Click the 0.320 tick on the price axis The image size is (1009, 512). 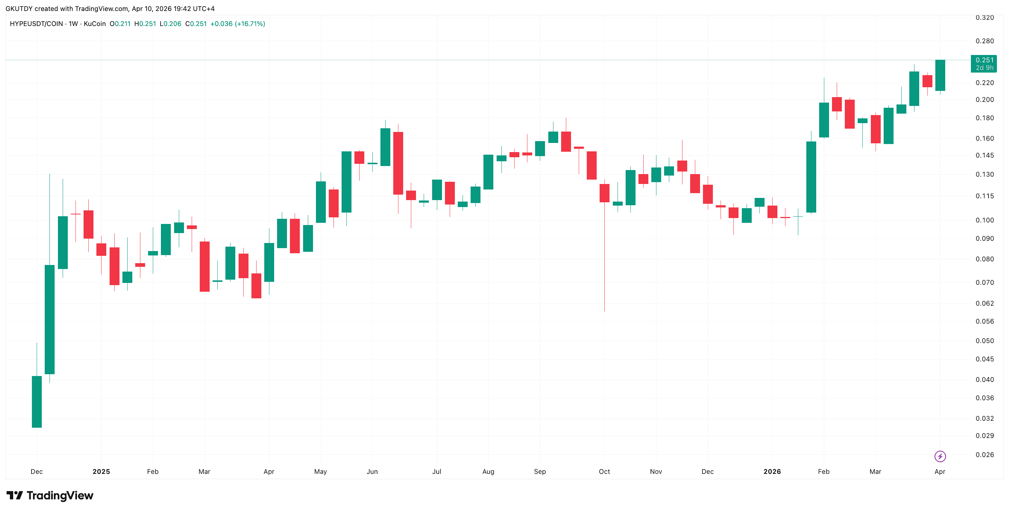pyautogui.click(x=984, y=18)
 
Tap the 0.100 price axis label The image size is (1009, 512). pyautogui.click(x=984, y=220)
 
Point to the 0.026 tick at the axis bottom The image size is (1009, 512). pyautogui.click(x=984, y=455)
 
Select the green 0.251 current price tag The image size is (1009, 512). pyautogui.click(x=984, y=63)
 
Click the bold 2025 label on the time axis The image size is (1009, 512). pyautogui.click(x=101, y=472)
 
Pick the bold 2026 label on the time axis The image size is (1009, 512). pyautogui.click(x=772, y=472)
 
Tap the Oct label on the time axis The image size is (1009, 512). pyautogui.click(x=604, y=472)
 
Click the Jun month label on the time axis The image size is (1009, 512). pyautogui.click(x=372, y=472)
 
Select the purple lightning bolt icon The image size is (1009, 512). pyautogui.click(x=940, y=456)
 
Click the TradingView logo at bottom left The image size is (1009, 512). pyautogui.click(x=50, y=496)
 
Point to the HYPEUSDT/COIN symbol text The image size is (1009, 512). pyautogui.click(x=36, y=24)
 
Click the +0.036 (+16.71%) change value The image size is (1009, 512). pyautogui.click(x=237, y=24)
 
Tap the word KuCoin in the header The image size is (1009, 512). pyautogui.click(x=95, y=24)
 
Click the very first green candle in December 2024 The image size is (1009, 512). pyautogui.click(x=37, y=402)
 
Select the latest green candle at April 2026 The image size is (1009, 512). pyautogui.click(x=940, y=75)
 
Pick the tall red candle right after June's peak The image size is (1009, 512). pyautogui.click(x=398, y=163)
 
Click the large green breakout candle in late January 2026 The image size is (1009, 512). pyautogui.click(x=811, y=177)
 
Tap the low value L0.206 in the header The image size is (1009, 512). pyautogui.click(x=170, y=24)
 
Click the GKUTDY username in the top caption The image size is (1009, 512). pyautogui.click(x=19, y=9)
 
